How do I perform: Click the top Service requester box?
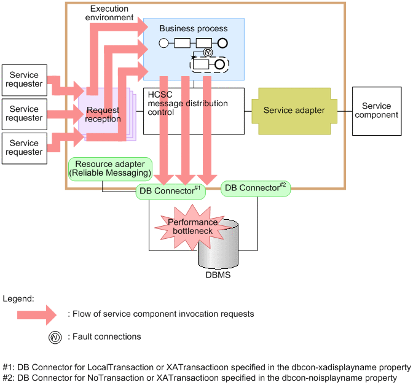click(x=24, y=79)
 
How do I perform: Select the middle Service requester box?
click(x=24, y=114)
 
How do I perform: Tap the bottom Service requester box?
click(x=24, y=148)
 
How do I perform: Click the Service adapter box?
click(x=294, y=111)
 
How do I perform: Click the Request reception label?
click(x=103, y=114)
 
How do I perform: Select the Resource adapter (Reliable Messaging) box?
click(x=111, y=169)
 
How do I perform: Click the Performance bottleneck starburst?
click(x=192, y=226)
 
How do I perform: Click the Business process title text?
click(x=193, y=28)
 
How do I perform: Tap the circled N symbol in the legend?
click(x=55, y=336)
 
